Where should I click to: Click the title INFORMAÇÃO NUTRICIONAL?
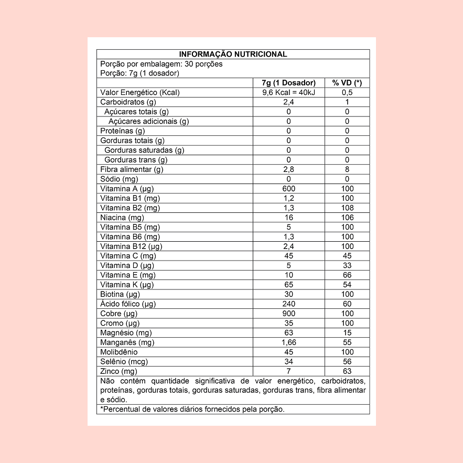[x=233, y=54]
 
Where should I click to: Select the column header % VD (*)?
[x=347, y=83]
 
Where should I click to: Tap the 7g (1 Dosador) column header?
[x=288, y=83]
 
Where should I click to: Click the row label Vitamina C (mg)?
[x=128, y=256]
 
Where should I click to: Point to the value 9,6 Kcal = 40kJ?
[x=288, y=92]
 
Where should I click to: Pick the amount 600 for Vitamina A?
[x=288, y=189]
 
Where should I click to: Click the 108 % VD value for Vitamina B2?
[x=347, y=208]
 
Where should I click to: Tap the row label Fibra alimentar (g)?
[x=132, y=169]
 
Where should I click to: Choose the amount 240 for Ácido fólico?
[x=288, y=304]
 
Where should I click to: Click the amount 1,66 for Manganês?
[x=288, y=342]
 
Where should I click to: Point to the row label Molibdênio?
[x=119, y=352]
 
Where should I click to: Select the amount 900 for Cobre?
[x=288, y=314]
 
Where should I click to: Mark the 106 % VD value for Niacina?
[x=347, y=218]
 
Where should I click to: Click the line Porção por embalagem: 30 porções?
[x=161, y=64]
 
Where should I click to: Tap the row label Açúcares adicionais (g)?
[x=148, y=121]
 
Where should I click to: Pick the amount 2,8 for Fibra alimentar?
[x=288, y=169]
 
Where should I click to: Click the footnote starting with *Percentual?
[x=192, y=409]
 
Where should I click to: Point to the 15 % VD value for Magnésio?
[x=347, y=333]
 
